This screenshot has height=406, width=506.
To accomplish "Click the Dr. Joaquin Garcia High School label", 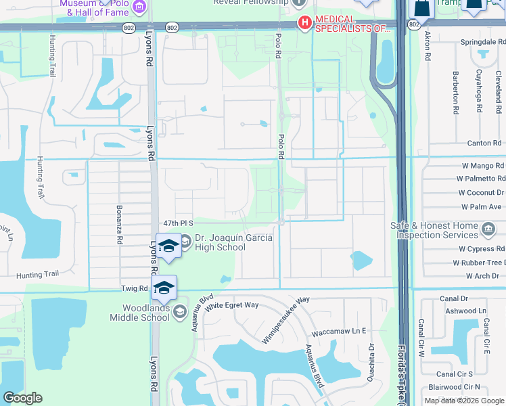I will [219, 243].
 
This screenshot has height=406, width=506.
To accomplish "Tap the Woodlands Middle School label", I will [141, 313].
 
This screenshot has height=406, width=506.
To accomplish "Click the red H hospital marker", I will [304, 24].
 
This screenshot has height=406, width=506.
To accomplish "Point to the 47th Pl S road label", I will [179, 223].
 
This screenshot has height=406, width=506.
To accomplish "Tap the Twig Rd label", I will [134, 288].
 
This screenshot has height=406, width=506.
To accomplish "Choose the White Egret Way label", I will [232, 305].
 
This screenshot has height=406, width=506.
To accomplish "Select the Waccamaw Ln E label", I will [338, 332].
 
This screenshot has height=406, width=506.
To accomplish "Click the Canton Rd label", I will [484, 143].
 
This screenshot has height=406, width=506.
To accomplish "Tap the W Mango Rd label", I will [480, 166].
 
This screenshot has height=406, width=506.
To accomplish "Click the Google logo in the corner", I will [22, 398].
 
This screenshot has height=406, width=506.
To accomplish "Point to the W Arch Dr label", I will [482, 276].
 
